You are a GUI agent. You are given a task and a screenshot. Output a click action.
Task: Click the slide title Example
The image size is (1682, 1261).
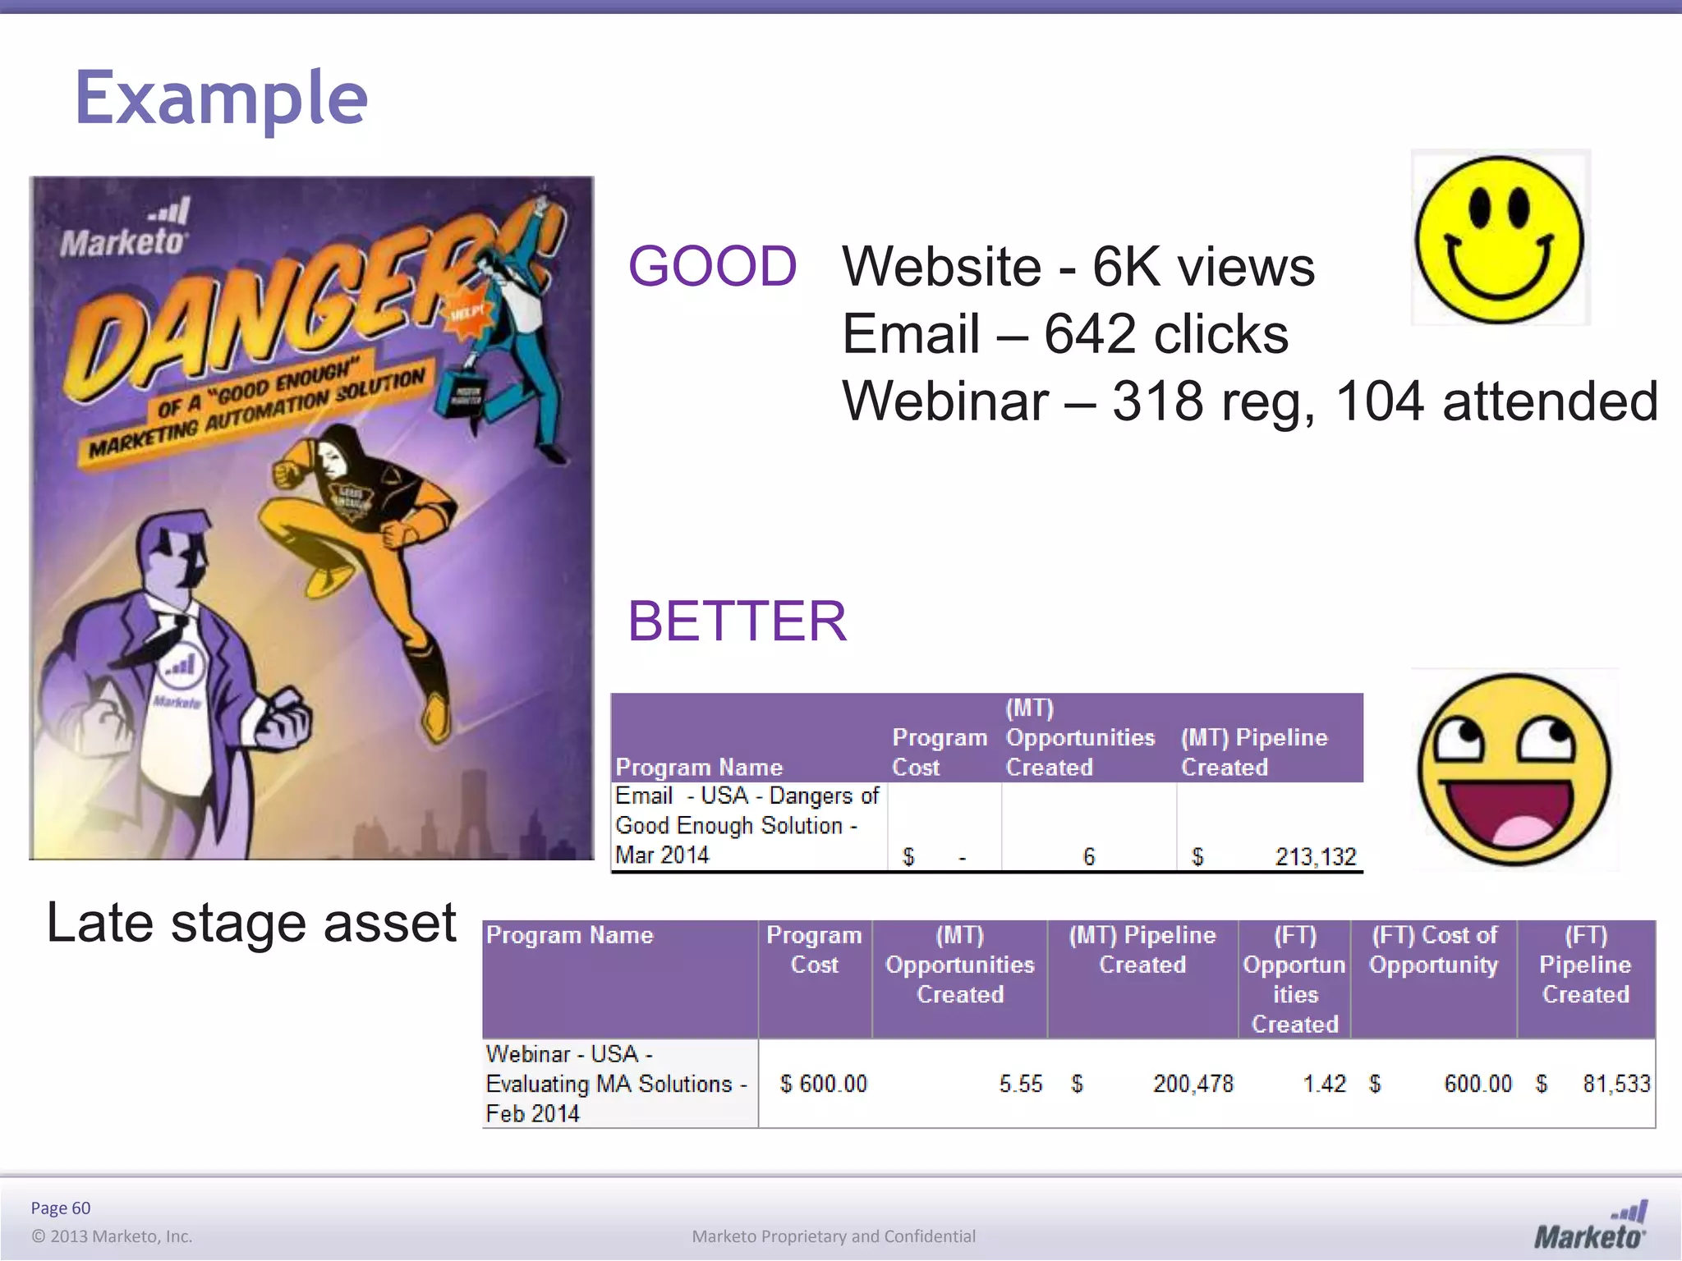pos(221,99)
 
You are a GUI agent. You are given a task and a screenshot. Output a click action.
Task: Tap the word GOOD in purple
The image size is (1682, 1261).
pos(712,267)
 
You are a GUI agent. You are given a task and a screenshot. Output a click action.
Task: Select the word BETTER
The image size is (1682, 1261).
pos(737,621)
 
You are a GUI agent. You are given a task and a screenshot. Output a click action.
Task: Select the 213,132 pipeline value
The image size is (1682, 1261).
pos(1315,856)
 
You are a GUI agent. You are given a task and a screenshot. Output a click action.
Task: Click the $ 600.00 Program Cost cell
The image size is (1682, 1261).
pos(823,1084)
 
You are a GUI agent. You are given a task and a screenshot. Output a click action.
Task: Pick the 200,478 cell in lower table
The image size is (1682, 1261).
pos(1193,1084)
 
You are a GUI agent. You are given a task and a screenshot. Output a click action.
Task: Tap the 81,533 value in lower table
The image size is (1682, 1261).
pos(1615,1084)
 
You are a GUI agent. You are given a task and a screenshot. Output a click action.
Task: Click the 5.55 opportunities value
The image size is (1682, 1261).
pos(1020,1084)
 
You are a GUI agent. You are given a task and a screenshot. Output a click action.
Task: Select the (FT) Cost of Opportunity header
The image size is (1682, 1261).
pos(1433,950)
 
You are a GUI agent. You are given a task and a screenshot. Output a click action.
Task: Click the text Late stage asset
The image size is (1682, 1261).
pos(250,923)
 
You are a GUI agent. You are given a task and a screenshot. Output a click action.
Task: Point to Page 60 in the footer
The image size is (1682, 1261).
pos(60,1208)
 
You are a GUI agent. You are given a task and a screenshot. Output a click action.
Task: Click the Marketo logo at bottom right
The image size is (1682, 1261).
pos(1591,1227)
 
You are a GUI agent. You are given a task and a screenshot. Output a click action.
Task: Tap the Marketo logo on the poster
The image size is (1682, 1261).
pos(125,230)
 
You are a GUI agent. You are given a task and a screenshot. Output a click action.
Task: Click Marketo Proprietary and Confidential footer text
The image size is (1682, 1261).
pos(834,1236)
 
